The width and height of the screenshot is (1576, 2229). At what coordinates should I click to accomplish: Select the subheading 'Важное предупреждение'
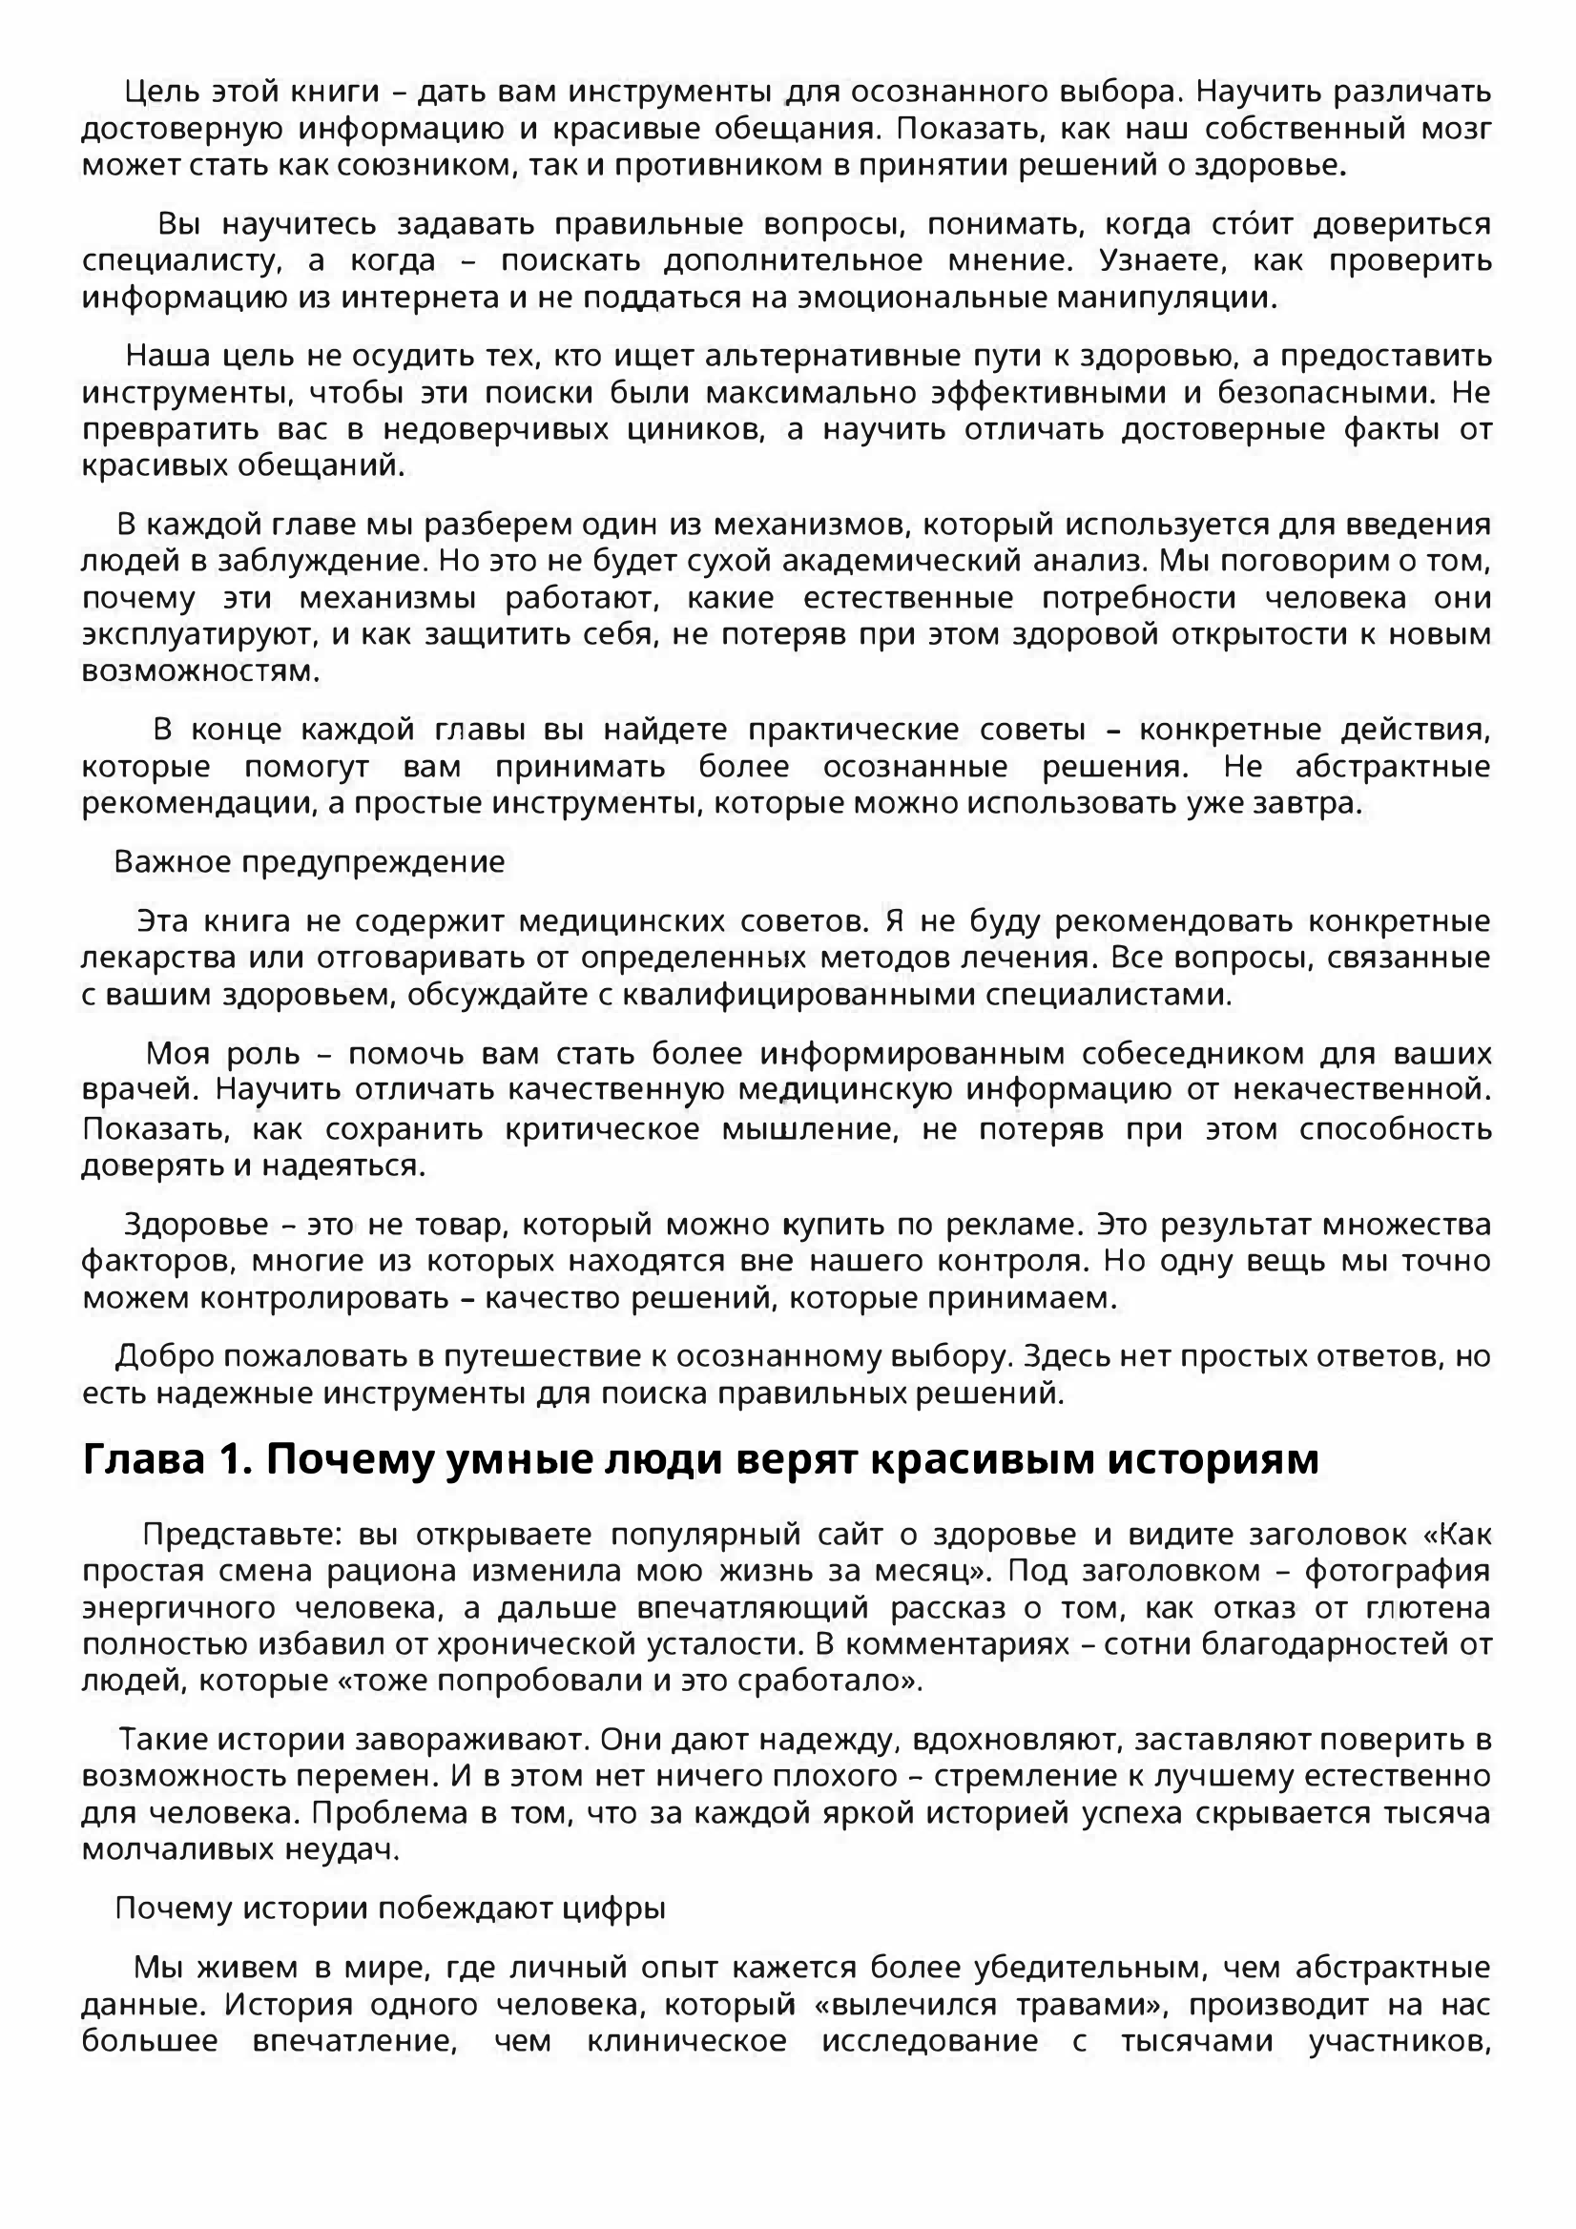coord(310,862)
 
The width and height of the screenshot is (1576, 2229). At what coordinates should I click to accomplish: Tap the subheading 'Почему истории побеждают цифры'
coord(390,1909)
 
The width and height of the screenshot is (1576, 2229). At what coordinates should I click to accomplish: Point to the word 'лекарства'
coord(158,958)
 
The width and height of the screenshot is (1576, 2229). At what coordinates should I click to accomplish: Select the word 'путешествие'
coord(552,1356)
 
